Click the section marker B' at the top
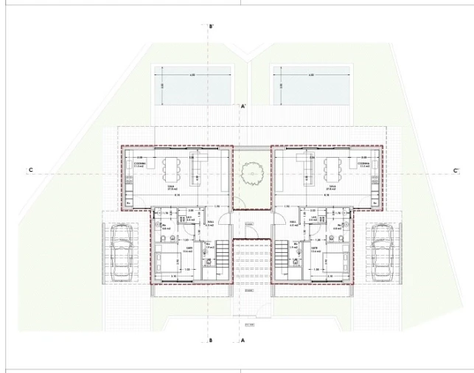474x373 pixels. pyautogui.click(x=212, y=27)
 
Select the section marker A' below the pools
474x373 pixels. pyautogui.click(x=243, y=107)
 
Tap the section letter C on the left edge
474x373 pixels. pyautogui.click(x=30, y=170)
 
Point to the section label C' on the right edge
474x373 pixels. pyautogui.click(x=456, y=170)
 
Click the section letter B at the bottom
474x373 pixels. pyautogui.click(x=211, y=341)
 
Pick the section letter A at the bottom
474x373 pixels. pyautogui.click(x=243, y=341)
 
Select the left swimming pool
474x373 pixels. pyautogui.click(x=192, y=86)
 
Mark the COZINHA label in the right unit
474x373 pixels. pyautogui.click(x=363, y=164)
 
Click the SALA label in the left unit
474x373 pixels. pyautogui.click(x=170, y=187)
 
